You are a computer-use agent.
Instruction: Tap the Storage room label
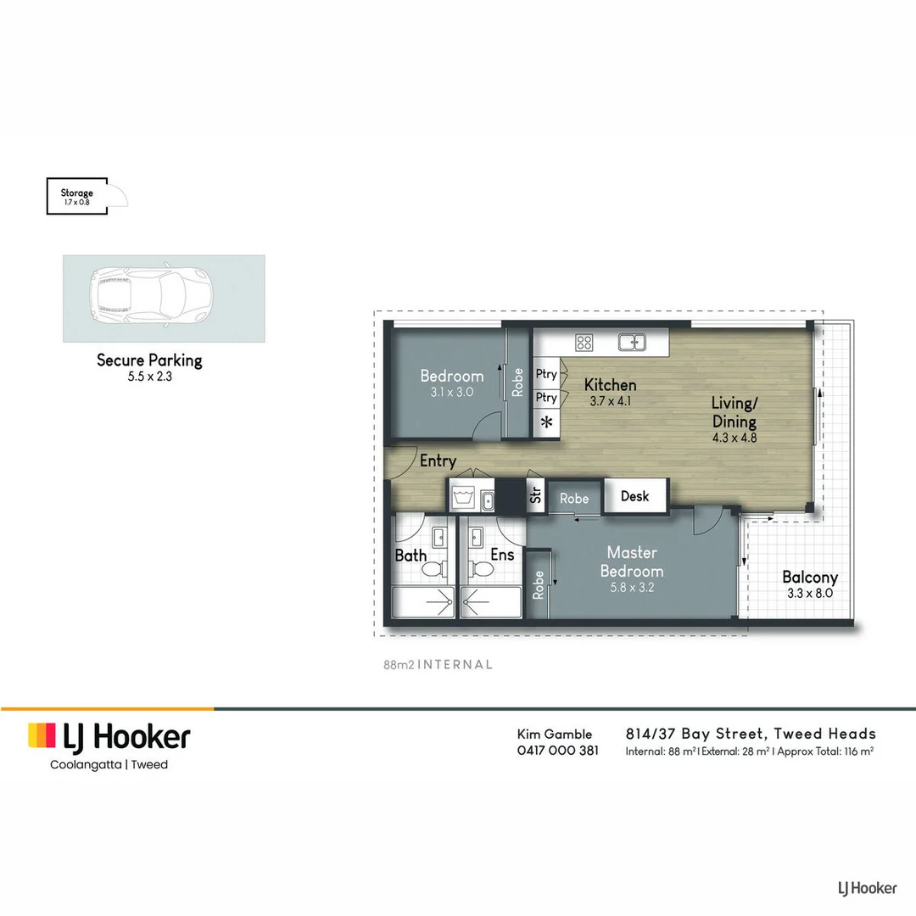pos(76,193)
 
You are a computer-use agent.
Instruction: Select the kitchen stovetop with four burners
pos(584,343)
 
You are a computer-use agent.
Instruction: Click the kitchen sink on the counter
pos(631,343)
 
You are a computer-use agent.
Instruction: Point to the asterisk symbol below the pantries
pos(547,422)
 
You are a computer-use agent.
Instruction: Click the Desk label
pos(634,496)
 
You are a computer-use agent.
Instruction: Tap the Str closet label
pos(535,495)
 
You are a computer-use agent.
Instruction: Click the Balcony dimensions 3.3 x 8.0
pos(809,594)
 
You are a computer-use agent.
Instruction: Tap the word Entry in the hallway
pos(438,461)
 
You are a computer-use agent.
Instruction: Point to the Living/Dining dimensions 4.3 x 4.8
pos(733,438)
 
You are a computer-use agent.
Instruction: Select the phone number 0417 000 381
pos(557,751)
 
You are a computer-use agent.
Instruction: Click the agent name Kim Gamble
pos(555,734)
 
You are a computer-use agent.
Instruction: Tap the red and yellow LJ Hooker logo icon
pos(42,735)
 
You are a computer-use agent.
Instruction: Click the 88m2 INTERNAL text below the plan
pos(438,665)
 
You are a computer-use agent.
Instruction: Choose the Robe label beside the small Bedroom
pos(517,383)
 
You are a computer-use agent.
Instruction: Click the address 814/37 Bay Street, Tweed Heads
pos(750,734)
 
